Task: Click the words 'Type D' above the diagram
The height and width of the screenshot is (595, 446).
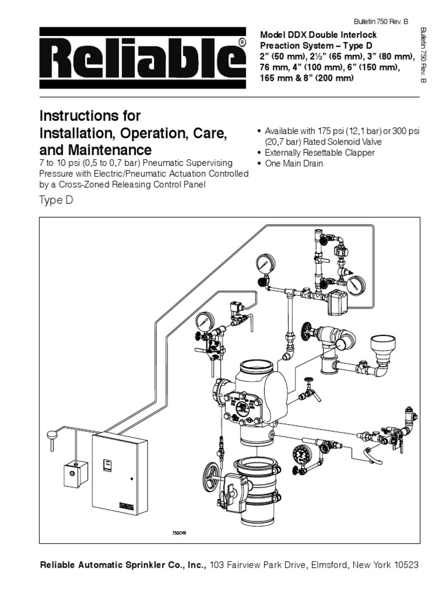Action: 57,200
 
